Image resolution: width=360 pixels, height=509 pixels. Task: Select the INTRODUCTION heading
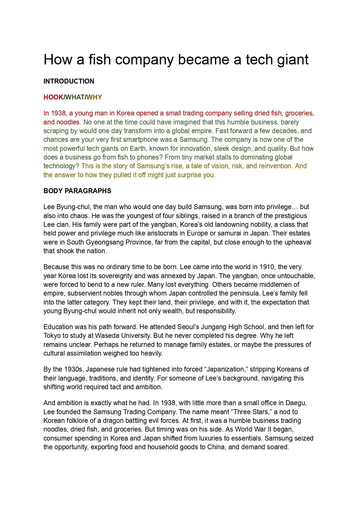click(x=69, y=81)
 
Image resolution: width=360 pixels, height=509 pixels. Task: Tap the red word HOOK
click(x=53, y=97)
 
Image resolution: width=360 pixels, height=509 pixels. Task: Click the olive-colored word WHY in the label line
click(x=94, y=97)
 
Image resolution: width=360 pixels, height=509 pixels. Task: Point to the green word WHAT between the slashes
click(x=75, y=97)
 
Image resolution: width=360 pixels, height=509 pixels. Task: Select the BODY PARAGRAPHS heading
click(x=77, y=191)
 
